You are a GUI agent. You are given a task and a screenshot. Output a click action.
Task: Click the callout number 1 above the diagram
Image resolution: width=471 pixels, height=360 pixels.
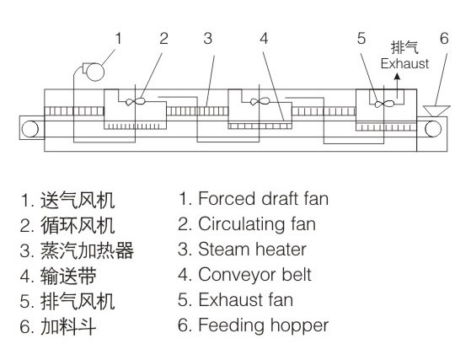[118, 39]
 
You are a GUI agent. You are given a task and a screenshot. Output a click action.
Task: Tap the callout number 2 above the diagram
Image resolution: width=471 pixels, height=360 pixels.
[163, 39]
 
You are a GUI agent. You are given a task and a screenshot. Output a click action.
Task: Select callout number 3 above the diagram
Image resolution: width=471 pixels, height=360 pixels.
[208, 39]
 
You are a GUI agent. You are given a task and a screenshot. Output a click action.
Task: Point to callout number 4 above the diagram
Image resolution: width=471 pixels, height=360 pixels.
[264, 39]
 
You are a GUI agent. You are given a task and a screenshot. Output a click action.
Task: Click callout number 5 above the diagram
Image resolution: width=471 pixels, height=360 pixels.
[361, 39]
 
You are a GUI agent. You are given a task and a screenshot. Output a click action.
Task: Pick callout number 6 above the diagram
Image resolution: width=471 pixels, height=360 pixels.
[444, 39]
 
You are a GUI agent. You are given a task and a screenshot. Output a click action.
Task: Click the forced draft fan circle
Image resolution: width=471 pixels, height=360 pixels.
[95, 73]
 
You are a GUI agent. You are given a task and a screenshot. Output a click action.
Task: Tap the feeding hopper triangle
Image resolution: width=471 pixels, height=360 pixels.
[436, 111]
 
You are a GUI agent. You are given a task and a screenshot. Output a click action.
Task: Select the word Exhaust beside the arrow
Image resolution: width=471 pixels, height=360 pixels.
[404, 64]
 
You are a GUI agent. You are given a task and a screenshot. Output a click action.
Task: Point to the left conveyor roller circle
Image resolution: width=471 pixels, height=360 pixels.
[30, 129]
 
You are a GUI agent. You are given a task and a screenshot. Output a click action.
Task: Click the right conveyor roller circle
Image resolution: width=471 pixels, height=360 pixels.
[433, 129]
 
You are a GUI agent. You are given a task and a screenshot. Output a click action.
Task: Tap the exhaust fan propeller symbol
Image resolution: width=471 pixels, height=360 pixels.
[384, 104]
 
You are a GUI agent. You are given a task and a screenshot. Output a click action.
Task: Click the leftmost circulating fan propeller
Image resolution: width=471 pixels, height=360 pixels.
[136, 101]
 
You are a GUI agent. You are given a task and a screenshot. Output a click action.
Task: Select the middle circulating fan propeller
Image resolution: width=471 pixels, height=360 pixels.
[260, 101]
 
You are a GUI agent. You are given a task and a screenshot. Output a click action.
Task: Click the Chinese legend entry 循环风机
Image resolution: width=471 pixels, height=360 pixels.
[78, 226]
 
